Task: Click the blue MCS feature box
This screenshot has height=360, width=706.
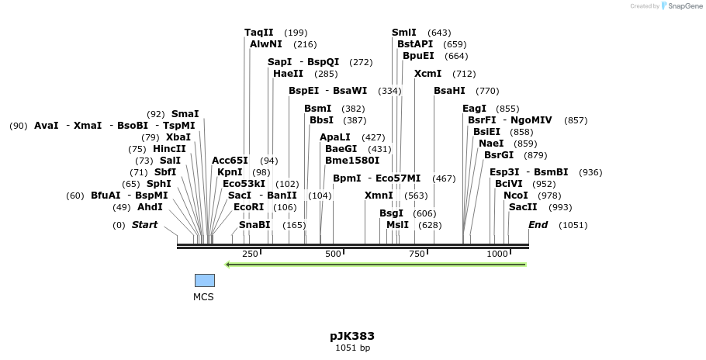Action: click(x=204, y=280)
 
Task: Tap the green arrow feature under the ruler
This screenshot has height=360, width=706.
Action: click(x=375, y=265)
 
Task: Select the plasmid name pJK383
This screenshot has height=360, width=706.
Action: click(x=352, y=336)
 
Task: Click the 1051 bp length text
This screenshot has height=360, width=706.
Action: click(x=352, y=348)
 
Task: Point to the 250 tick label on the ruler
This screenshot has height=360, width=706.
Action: click(x=250, y=254)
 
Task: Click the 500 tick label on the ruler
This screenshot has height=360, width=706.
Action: click(x=333, y=254)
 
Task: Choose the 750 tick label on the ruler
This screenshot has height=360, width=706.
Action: click(x=417, y=254)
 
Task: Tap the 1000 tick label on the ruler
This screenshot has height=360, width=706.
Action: click(x=497, y=254)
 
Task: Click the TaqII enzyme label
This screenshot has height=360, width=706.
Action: click(x=259, y=33)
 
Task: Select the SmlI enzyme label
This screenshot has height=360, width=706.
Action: click(x=404, y=33)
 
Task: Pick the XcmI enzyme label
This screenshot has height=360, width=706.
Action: click(x=427, y=74)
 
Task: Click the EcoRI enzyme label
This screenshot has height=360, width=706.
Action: click(x=249, y=207)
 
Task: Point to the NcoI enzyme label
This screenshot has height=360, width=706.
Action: click(x=515, y=196)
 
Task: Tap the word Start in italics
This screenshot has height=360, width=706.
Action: click(x=144, y=225)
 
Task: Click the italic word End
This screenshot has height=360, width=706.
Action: click(x=538, y=225)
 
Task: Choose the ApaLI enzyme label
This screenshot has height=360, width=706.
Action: click(x=335, y=137)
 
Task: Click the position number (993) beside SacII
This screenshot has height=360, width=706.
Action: click(x=559, y=207)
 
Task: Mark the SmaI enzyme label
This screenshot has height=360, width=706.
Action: click(x=185, y=114)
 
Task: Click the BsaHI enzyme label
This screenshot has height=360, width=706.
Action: click(x=449, y=91)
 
